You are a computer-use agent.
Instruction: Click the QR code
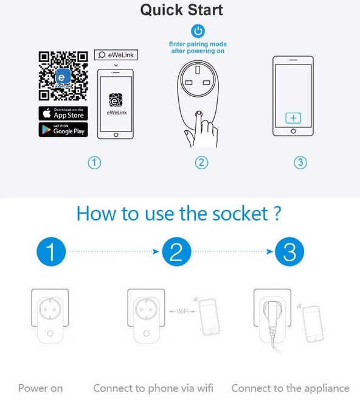[63, 76]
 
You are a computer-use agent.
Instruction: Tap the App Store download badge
[63, 113]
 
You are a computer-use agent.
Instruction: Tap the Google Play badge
[63, 130]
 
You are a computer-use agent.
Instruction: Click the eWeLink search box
[116, 55]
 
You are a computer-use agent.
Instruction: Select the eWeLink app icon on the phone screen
[116, 100]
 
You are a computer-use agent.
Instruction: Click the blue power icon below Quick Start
[198, 31]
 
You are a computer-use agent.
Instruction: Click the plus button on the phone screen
[293, 118]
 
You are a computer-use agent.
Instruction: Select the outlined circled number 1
[94, 163]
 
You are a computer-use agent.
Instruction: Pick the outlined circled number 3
[300, 163]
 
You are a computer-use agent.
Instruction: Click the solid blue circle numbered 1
[51, 251]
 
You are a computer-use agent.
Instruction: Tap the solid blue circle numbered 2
[176, 251]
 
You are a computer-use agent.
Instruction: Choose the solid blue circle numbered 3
[289, 251]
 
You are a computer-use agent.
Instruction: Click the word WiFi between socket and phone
[182, 312]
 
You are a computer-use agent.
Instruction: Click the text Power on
[41, 388]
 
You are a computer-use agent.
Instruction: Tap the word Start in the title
[205, 10]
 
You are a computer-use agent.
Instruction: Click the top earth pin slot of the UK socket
[198, 70]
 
